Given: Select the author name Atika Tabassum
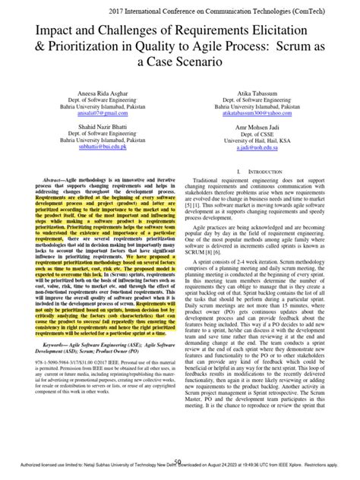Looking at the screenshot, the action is [x=255, y=90].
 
